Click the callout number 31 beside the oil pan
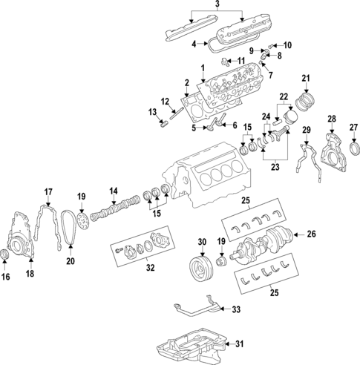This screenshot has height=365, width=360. click(238, 343)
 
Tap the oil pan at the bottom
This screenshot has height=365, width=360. click(189, 346)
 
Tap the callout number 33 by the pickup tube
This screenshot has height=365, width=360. click(237, 309)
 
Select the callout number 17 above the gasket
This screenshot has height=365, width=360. click(48, 192)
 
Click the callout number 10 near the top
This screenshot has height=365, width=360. click(287, 45)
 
